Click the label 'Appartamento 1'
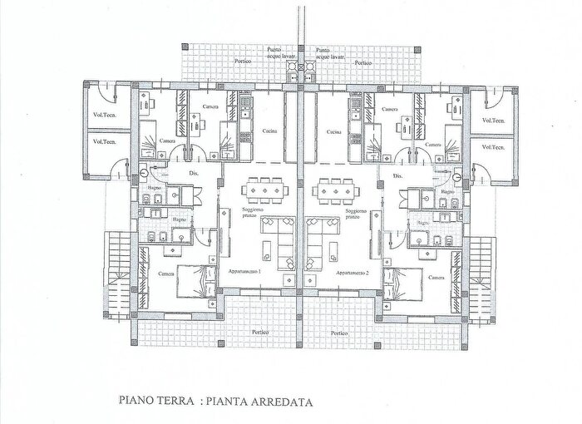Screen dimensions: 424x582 pos(244,273)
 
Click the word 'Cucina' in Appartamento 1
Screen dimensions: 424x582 pos(267,132)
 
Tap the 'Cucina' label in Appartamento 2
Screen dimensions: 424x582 pos(335,132)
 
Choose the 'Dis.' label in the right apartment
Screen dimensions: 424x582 pos(397,175)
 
